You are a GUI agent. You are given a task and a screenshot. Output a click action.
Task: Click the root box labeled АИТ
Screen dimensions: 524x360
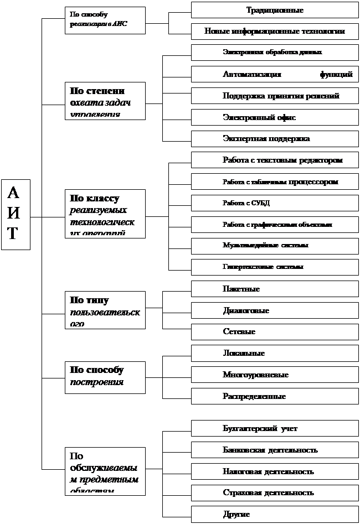pos(16,214)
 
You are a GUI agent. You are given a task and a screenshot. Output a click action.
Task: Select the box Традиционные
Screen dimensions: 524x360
pos(275,10)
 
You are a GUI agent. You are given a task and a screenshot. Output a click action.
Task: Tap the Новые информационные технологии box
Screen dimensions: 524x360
pos(275,31)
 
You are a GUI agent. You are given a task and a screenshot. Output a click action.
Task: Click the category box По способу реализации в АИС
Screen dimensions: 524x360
pos(105,20)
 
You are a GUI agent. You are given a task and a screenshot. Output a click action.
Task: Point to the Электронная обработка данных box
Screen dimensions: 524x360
pos(275,52)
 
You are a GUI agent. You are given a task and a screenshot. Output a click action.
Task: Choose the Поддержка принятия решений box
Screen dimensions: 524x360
pos(275,96)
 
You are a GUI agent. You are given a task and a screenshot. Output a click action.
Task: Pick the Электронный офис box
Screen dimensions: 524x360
pos(275,117)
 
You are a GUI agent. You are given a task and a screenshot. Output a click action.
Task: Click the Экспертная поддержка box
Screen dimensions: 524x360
pos(275,138)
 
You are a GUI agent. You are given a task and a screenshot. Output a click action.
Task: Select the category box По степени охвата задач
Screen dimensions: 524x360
pos(105,101)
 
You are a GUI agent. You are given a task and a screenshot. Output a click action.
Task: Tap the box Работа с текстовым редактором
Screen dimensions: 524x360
pos(275,160)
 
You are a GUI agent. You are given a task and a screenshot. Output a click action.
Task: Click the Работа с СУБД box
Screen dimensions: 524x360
pos(275,203)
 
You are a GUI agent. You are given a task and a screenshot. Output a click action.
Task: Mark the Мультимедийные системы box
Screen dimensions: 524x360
pos(275,245)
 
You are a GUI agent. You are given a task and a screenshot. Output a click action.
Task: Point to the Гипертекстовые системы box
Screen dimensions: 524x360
pos(275,266)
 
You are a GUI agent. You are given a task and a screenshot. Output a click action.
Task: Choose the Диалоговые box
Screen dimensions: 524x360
pos(275,310)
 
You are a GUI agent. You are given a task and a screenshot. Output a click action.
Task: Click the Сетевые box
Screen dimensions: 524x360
pos(275,331)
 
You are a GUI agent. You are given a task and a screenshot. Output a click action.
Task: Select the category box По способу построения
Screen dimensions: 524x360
pos(105,377)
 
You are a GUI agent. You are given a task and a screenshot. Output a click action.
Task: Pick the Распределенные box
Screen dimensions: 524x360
pos(275,396)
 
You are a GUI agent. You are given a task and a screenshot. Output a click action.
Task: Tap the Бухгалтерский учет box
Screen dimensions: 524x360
pos(275,428)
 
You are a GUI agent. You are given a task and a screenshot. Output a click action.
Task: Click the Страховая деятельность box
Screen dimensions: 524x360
pos(275,492)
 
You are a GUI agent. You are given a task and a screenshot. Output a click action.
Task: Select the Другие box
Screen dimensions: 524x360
pos(275,514)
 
